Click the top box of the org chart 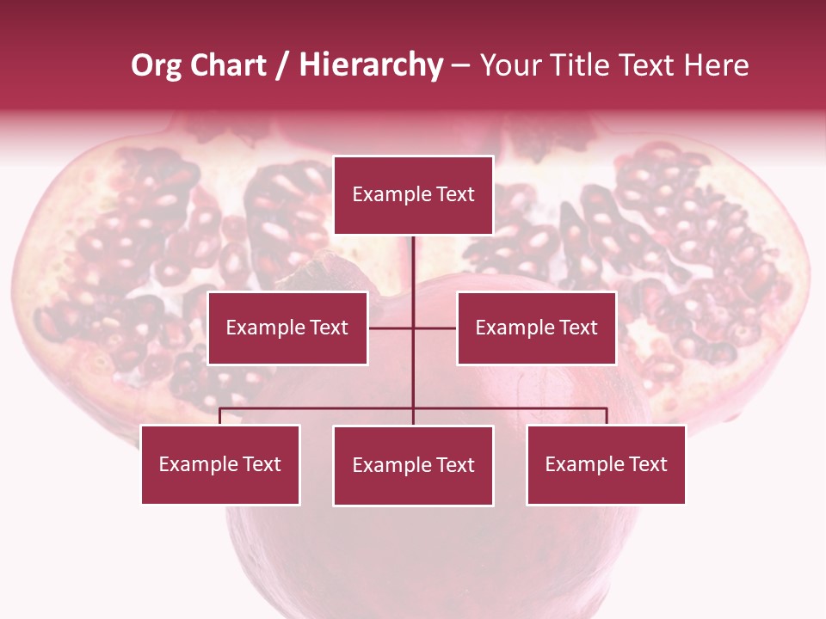pyautogui.click(x=413, y=195)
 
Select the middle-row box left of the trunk pyautogui.click(x=287, y=328)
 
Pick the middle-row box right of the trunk pyautogui.click(x=536, y=328)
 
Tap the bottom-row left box pyautogui.click(x=220, y=464)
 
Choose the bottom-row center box pyautogui.click(x=413, y=465)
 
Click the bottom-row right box pyautogui.click(x=606, y=464)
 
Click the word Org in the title pyautogui.click(x=157, y=65)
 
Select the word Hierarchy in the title pyautogui.click(x=371, y=65)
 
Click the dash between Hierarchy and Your pyautogui.click(x=461, y=66)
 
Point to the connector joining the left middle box pyautogui.click(x=391, y=328)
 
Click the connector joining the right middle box pyautogui.click(x=435, y=328)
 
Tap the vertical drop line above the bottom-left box pyautogui.click(x=220, y=416)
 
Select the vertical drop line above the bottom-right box pyautogui.click(x=606, y=416)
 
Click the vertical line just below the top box pyautogui.click(x=413, y=258)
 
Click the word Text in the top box pyautogui.click(x=455, y=194)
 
